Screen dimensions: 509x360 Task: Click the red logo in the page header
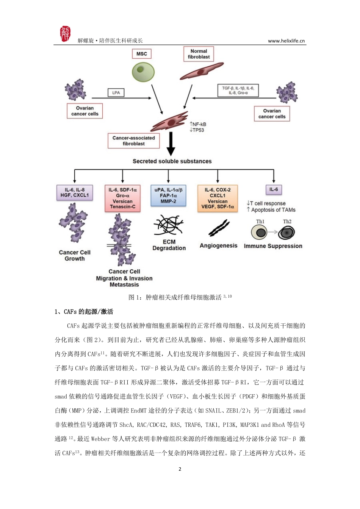65,34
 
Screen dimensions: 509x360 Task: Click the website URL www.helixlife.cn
286,41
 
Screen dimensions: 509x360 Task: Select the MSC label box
141,54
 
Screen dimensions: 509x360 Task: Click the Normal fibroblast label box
199,54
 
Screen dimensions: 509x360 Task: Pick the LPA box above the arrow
116,92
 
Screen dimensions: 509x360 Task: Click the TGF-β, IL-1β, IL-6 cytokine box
238,90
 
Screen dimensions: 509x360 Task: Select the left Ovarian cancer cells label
85,111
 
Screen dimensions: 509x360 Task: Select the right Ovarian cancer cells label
272,114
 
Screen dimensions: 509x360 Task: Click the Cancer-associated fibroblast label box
133,141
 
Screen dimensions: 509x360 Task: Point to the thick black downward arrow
171,144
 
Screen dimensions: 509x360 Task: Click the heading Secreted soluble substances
172,161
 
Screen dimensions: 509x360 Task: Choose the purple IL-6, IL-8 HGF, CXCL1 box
75,193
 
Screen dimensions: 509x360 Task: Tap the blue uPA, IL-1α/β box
168,195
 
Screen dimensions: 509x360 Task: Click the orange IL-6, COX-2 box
218,198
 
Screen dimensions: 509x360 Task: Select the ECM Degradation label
169,245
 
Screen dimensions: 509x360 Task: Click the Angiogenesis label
218,246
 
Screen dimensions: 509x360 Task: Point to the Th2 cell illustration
286,233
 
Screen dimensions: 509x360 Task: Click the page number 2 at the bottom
180,469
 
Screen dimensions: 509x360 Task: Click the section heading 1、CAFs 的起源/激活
84,312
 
